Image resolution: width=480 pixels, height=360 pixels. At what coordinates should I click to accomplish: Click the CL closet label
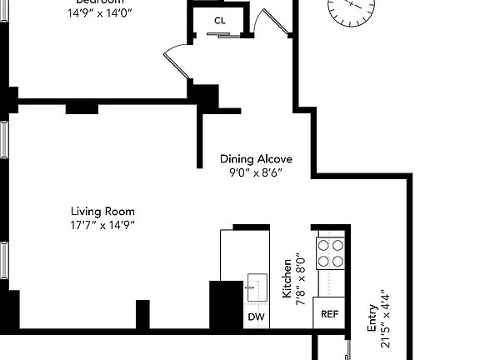[219, 20]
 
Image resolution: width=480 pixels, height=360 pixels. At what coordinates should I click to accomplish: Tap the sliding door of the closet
[219, 34]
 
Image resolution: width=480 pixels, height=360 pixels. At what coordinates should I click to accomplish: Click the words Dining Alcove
[256, 158]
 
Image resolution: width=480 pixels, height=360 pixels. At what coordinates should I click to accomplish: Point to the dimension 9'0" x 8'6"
[256, 173]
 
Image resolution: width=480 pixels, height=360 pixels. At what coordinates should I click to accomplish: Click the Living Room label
[102, 211]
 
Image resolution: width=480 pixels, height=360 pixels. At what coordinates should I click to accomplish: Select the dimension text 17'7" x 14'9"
[102, 225]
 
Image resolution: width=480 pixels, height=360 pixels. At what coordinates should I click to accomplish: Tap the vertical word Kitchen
[286, 278]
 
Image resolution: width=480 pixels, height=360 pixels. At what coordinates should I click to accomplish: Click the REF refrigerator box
[330, 315]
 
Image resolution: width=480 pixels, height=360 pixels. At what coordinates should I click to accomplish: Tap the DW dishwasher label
[256, 317]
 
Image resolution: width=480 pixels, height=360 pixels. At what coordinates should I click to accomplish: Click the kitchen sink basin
[255, 288]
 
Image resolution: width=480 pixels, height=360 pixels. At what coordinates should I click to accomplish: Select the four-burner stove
[330, 253]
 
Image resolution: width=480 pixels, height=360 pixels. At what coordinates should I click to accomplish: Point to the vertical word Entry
[372, 323]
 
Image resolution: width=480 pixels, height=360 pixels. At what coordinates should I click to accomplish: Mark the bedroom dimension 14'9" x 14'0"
[100, 12]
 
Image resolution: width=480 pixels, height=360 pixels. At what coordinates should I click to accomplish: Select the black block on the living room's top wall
[82, 107]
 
